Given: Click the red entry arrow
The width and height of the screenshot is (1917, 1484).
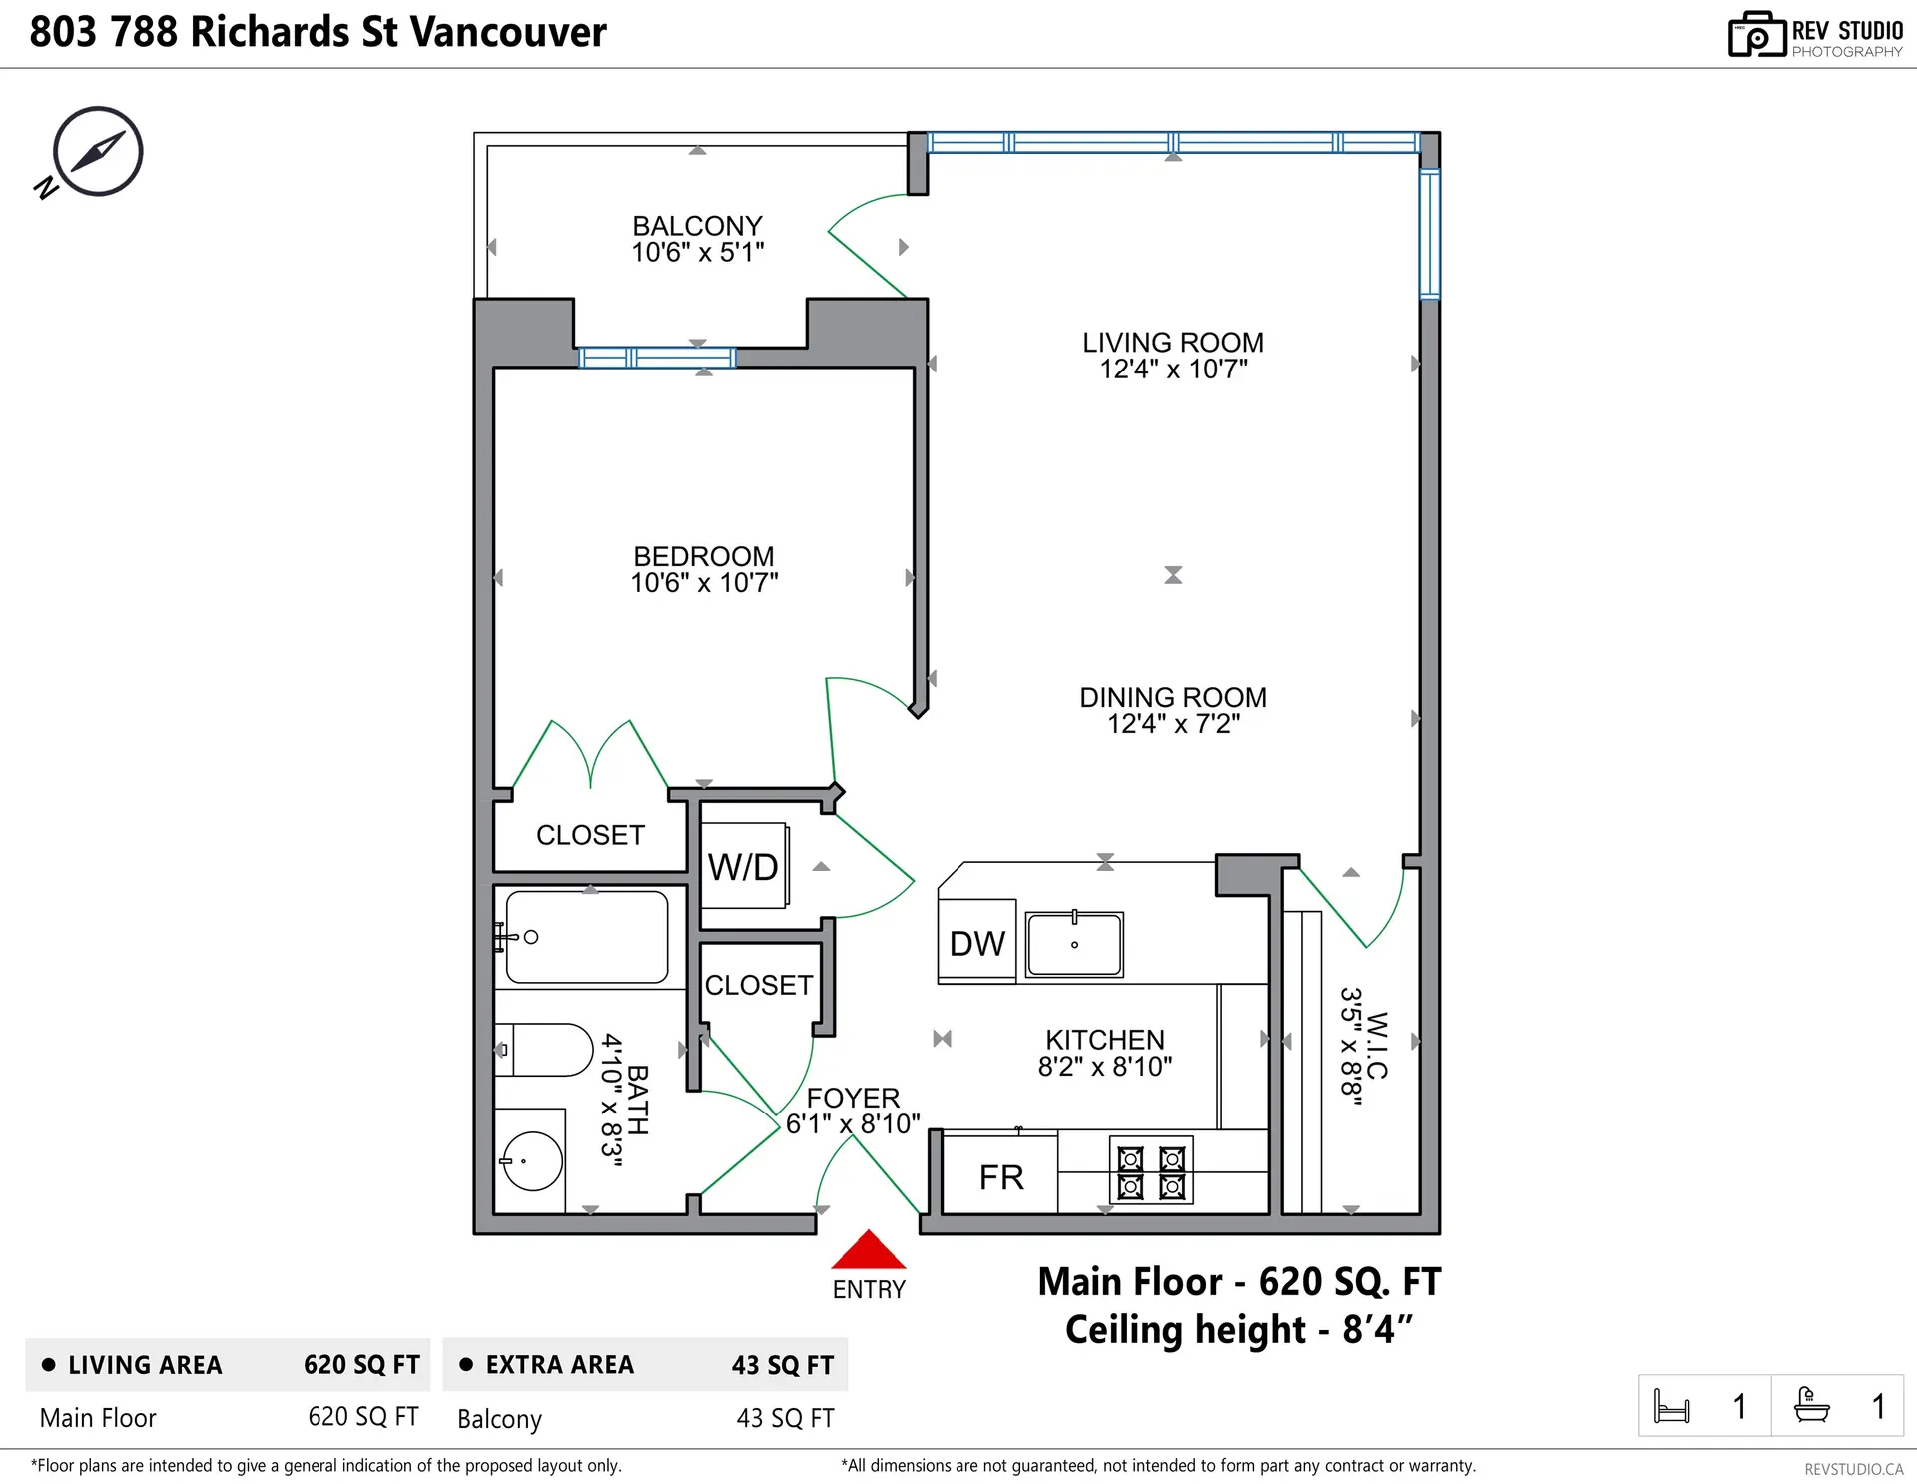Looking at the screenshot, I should click(x=868, y=1251).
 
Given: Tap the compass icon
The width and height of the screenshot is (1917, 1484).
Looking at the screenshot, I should click(x=98, y=151).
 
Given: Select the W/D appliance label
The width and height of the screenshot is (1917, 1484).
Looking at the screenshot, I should click(x=743, y=867).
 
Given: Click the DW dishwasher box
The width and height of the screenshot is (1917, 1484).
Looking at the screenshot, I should click(x=976, y=942).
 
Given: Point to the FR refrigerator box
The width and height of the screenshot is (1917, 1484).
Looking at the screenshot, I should click(x=1000, y=1176).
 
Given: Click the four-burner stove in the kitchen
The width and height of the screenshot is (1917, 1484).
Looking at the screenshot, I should click(x=1151, y=1173).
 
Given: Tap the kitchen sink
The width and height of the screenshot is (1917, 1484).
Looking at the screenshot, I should click(x=1074, y=943).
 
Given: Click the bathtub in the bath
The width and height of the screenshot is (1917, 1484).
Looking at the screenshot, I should click(x=587, y=937).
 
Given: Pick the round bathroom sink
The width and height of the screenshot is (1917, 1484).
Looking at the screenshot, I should click(x=532, y=1161).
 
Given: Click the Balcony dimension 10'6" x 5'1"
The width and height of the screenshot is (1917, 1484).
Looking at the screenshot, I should click(x=697, y=253).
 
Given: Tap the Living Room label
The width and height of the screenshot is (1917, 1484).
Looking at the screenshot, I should click(x=1173, y=343).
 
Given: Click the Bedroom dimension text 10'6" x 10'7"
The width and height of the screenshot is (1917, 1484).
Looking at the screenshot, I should click(x=704, y=583).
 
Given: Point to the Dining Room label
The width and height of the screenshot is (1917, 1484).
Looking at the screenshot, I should click(x=1173, y=697).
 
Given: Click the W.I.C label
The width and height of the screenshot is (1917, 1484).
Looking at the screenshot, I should click(x=1377, y=1045).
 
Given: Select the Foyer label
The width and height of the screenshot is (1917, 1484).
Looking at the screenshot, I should click(x=853, y=1098).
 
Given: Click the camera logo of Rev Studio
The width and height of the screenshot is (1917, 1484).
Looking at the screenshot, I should click(x=1756, y=35).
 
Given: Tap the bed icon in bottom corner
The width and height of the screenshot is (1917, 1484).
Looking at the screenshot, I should click(x=1671, y=1406).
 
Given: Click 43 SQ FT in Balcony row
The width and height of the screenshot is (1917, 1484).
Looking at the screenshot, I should click(x=785, y=1418).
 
